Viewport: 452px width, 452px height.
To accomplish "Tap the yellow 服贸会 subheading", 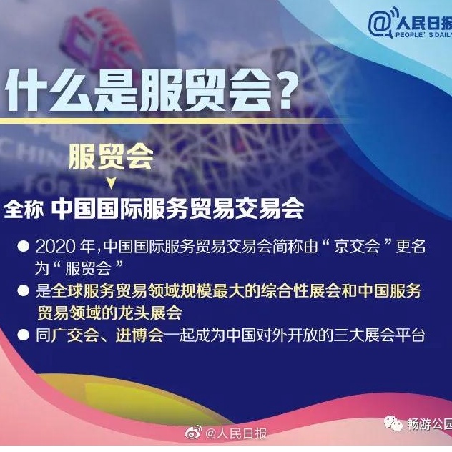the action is (111, 157).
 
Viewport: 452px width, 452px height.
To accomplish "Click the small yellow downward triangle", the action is (112, 183).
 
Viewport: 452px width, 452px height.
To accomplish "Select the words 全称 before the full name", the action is (24, 209).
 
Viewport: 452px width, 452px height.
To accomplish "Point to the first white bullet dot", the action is (23, 247).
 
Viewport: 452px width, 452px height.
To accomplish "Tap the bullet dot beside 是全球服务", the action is (23, 290).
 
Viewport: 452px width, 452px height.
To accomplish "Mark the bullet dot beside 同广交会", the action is (23, 335).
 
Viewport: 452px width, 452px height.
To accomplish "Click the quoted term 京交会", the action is (357, 247).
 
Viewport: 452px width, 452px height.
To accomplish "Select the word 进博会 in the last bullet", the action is (139, 335).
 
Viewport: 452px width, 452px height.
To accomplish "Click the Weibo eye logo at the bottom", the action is (193, 433).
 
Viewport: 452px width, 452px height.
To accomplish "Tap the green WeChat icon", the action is (393, 423).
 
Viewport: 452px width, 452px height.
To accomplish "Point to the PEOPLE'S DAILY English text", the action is (423, 35).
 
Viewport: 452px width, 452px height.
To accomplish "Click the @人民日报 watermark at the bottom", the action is (236, 433).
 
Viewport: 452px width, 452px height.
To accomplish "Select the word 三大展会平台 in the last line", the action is (379, 335).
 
